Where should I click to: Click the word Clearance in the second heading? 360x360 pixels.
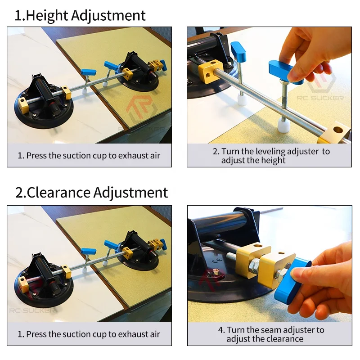[x=58, y=193]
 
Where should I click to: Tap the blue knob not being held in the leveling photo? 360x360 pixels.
[x=238, y=52]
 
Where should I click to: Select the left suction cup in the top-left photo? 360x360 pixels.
[x=44, y=106]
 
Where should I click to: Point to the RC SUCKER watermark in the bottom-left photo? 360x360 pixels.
[x=32, y=310]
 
